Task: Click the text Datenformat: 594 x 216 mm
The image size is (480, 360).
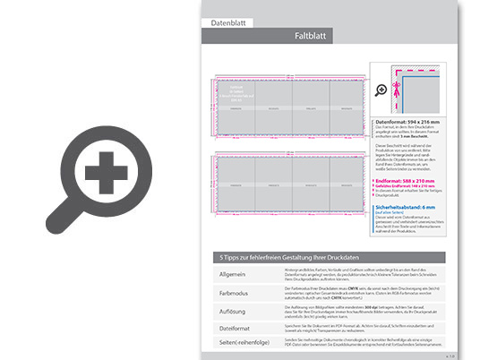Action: pos(407,121)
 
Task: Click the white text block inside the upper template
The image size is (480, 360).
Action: pos(236,90)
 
